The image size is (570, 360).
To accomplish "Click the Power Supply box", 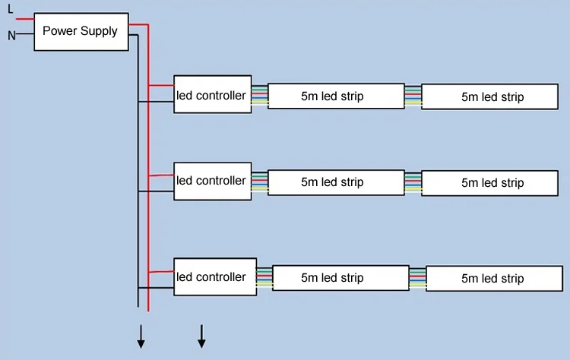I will coord(81,31).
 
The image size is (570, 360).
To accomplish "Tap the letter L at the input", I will coord(10,9).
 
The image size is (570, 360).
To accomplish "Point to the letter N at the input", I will coord(11,35).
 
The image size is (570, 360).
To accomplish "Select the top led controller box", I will coord(212,95).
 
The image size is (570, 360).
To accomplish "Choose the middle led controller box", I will coord(212,181).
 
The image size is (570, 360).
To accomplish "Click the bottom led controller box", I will coord(212,277).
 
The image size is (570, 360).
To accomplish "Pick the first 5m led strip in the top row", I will coord(336,96).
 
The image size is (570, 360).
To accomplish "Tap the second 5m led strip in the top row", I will coord(492,96).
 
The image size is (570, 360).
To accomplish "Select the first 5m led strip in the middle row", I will coord(336,182).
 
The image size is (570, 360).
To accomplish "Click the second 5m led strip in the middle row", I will coord(492,183).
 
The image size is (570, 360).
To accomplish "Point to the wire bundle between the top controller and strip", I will coord(260,95).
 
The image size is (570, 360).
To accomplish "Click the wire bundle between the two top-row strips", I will coord(413,95).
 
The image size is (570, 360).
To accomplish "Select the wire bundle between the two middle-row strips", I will coord(413,182).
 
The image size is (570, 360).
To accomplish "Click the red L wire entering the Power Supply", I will coord(24,18).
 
